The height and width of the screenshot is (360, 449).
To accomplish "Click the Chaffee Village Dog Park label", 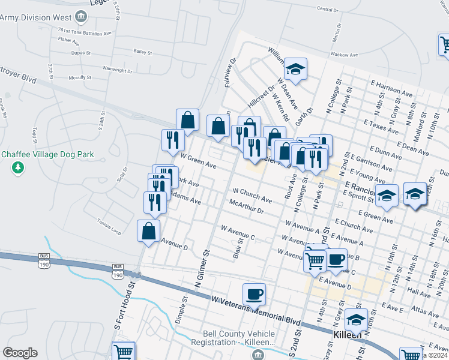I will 47,154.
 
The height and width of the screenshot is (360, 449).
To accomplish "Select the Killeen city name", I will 348,335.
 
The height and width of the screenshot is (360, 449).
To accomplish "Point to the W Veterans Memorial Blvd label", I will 255,307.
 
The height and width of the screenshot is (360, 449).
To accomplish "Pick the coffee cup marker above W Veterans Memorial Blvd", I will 254,294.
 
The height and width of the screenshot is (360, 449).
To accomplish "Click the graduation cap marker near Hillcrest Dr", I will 295,69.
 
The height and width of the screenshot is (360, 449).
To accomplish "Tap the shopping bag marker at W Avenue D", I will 149,230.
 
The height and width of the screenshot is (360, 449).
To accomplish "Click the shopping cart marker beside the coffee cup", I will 316,260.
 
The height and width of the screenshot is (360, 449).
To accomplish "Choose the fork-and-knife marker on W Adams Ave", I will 155,202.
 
